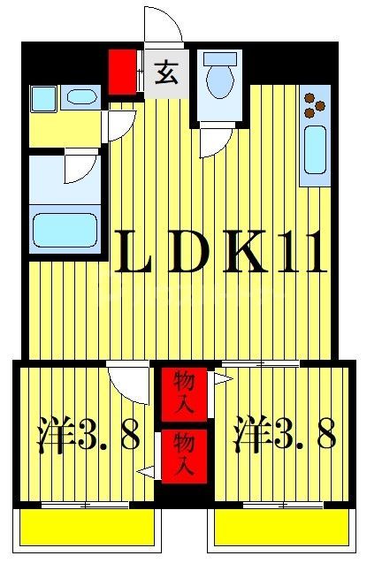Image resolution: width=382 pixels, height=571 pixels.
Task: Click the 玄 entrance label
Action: (x=166, y=72)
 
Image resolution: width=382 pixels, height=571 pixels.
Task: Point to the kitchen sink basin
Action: (x=315, y=148)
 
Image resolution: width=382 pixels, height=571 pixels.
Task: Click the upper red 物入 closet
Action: (x=186, y=392)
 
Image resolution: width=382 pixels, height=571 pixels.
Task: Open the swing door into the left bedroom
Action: (x=129, y=383)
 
